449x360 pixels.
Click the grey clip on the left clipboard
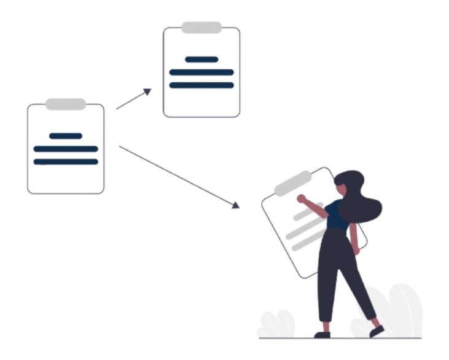pyautogui.click(x=66, y=104)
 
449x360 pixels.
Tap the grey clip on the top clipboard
pyautogui.click(x=201, y=28)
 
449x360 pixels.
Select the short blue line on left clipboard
pyautogui.click(x=66, y=136)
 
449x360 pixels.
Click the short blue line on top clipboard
pyautogui.click(x=201, y=60)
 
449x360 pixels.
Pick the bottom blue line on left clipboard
pyautogui.click(x=66, y=162)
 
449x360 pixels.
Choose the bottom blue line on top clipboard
pyautogui.click(x=201, y=85)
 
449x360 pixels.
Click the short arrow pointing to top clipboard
pyautogui.click(x=132, y=100)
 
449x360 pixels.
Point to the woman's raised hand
pyautogui.click(x=301, y=198)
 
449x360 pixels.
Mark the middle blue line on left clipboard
pyautogui.click(x=66, y=149)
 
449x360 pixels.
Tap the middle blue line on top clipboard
pyautogui.click(x=201, y=72)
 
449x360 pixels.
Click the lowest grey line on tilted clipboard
pyautogui.click(x=308, y=241)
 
